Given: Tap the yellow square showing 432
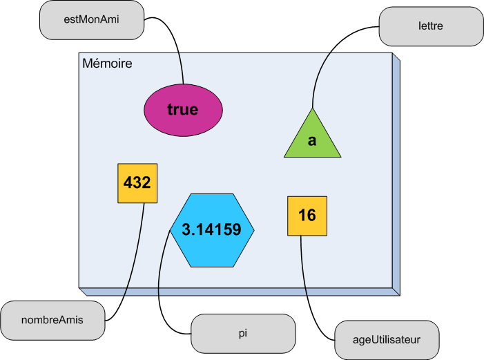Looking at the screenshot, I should coord(137,183).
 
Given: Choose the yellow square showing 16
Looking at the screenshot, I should coord(307,216).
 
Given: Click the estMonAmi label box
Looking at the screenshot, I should coord(92,20).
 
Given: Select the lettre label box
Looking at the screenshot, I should coord(431,26).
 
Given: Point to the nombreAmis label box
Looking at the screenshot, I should coord(52,321).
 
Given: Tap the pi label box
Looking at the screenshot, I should coord(242,332).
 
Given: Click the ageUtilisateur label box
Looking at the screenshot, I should coord(386,340).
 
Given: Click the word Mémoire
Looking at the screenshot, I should coord(107,64).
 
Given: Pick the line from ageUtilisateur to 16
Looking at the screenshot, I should coord(304,290).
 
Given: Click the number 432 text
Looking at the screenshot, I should coord(137,183).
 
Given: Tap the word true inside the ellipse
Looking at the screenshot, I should coord(182,109).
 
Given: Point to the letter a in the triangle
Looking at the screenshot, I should coord(312,141).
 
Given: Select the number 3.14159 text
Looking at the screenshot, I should coord(212,230).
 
